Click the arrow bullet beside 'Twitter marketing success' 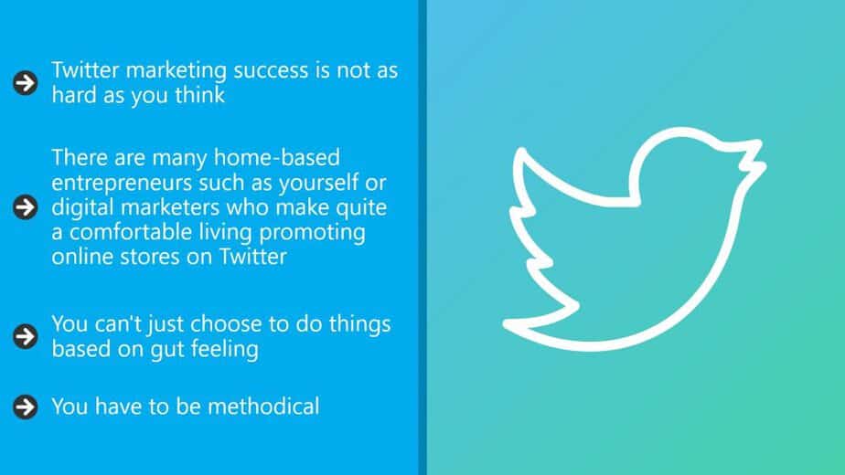[x=26, y=83]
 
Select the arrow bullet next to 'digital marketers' [x=26, y=207]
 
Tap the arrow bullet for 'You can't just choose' [x=26, y=336]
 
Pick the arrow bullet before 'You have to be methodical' [x=26, y=406]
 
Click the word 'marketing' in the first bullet [x=176, y=71]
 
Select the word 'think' [x=200, y=95]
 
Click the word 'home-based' [x=277, y=158]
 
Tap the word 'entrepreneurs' [x=122, y=184]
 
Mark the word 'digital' [x=82, y=208]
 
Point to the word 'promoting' [x=312, y=233]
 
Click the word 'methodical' [x=263, y=406]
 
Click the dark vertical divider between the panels [x=422, y=237]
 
